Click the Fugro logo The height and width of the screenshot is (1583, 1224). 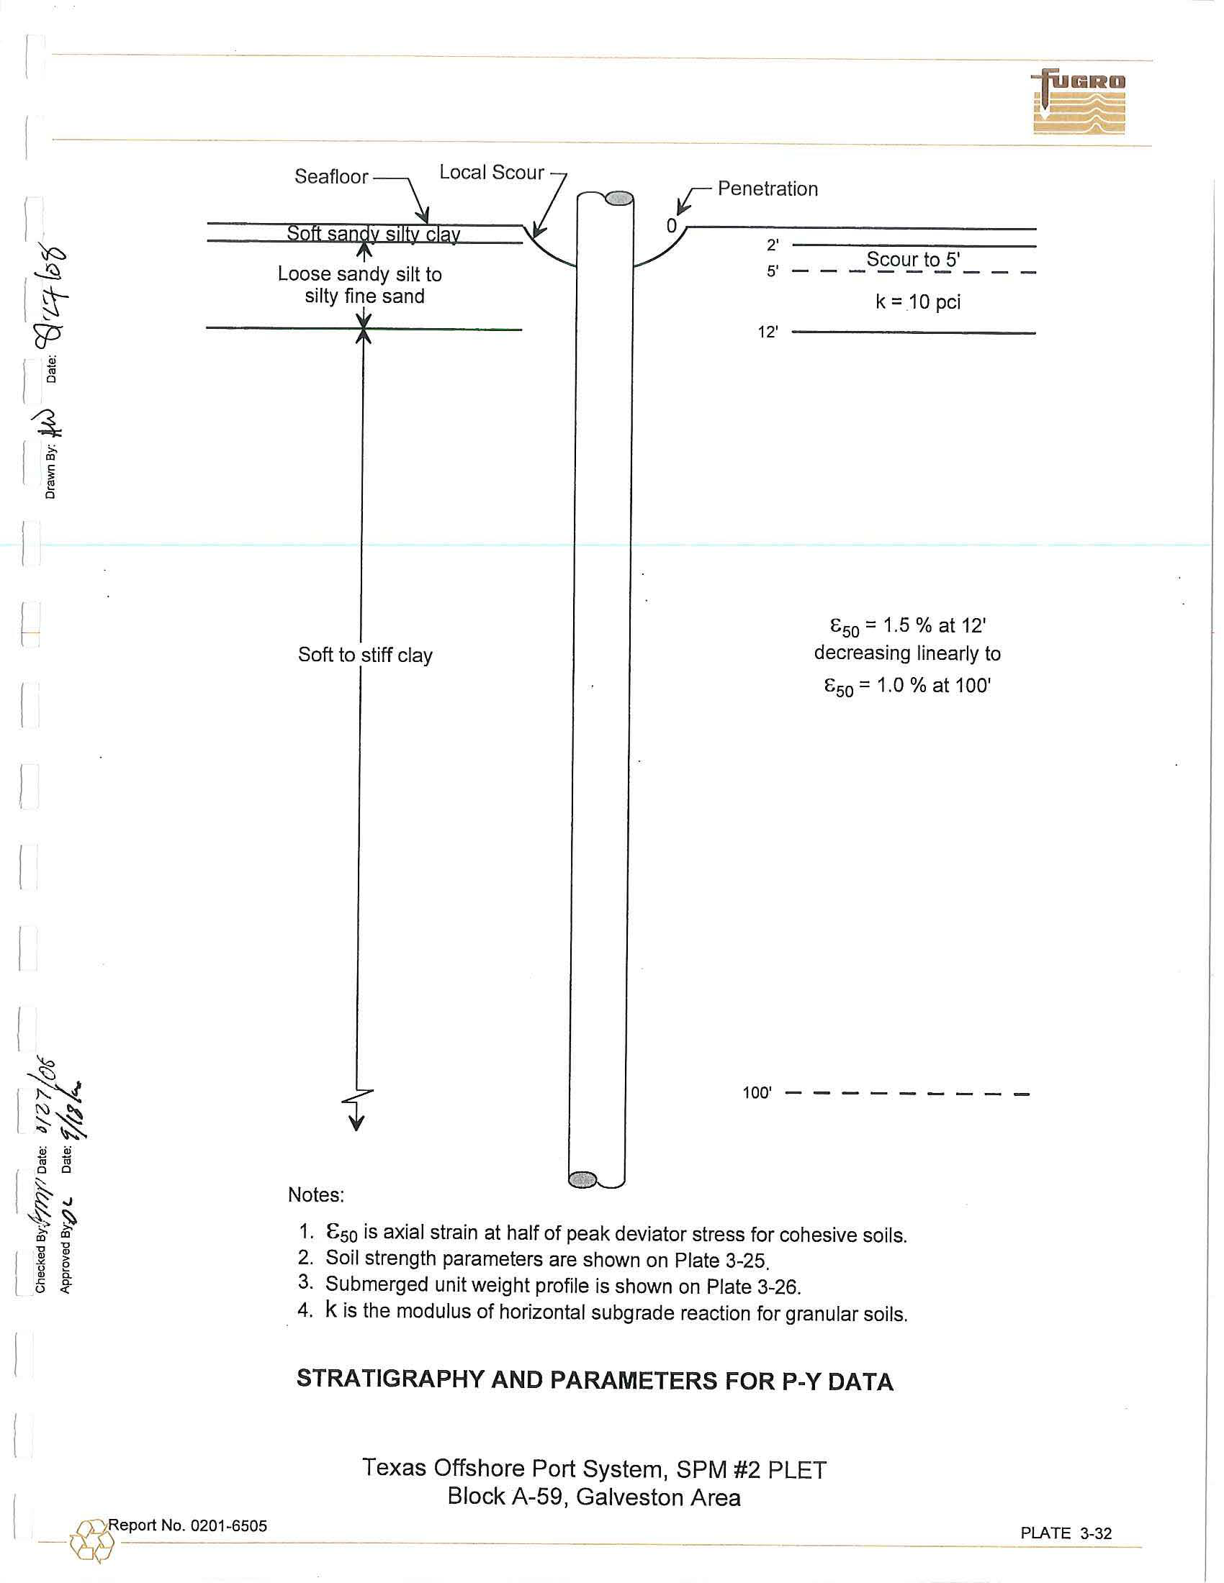pos(1079,102)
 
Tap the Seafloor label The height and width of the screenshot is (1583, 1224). pos(331,177)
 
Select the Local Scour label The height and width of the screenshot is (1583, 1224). pos(492,173)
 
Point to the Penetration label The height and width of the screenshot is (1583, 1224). pos(768,189)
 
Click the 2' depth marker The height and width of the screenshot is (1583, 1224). pos(773,245)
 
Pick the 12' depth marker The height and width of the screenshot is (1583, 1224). pos(768,332)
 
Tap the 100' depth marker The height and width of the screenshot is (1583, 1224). pos(757,1093)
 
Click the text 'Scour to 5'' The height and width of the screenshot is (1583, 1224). pos(913,260)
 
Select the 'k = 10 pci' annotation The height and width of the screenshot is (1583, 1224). pos(917,302)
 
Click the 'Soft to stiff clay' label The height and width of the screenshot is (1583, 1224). pos(365,656)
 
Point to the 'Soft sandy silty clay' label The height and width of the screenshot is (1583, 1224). pos(374,233)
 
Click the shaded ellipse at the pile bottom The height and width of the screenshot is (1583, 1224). pos(582,1180)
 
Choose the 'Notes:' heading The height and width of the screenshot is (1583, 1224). pos(315,1195)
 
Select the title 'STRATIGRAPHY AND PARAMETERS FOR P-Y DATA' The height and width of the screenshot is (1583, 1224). pos(595,1380)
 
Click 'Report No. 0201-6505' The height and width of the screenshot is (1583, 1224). pos(188,1525)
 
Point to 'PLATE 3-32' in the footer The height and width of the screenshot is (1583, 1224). pos(1066,1533)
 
